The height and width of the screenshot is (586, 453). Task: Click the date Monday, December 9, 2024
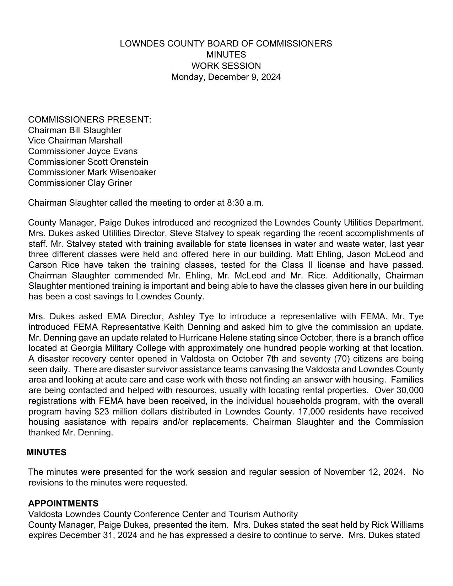226,77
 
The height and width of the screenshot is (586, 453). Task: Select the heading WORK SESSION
226,66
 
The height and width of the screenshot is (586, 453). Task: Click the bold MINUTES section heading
47,452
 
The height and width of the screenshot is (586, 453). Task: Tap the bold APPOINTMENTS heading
63,504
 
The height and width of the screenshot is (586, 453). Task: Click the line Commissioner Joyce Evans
83,151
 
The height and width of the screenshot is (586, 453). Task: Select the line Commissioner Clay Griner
80,183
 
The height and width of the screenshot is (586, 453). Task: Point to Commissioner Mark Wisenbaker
92,172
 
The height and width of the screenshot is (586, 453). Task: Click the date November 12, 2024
364,472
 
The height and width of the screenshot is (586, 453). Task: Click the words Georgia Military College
116,348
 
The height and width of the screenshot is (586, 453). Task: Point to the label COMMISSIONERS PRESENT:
90,120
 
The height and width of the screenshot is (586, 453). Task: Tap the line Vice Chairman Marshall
75,141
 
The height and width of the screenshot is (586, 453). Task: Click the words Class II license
304,265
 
